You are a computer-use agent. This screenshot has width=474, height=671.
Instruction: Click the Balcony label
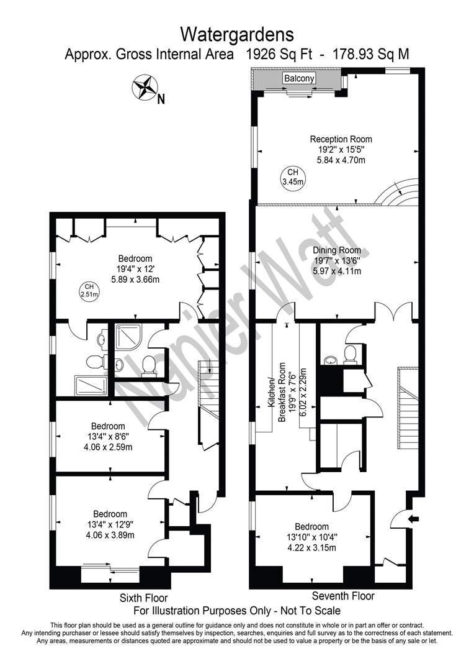tap(299, 78)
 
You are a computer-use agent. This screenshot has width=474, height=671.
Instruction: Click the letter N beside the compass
tap(161, 99)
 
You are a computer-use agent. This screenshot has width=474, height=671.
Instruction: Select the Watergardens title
tap(237, 34)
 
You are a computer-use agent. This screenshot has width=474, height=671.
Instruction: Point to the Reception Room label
tap(341, 139)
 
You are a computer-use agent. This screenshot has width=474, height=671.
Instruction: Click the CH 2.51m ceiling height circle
tap(89, 291)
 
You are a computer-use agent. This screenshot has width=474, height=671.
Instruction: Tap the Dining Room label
tap(337, 250)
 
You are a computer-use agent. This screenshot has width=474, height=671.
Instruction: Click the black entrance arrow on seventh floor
tap(414, 519)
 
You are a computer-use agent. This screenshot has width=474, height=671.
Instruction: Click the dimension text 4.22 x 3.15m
tap(311, 547)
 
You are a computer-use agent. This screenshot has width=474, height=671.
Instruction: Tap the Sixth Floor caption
tap(143, 598)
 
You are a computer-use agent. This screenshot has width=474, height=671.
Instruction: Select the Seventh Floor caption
tap(343, 596)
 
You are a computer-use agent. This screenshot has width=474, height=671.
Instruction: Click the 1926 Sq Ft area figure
tap(280, 55)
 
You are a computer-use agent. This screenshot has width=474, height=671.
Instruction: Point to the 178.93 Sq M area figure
tap(371, 55)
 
